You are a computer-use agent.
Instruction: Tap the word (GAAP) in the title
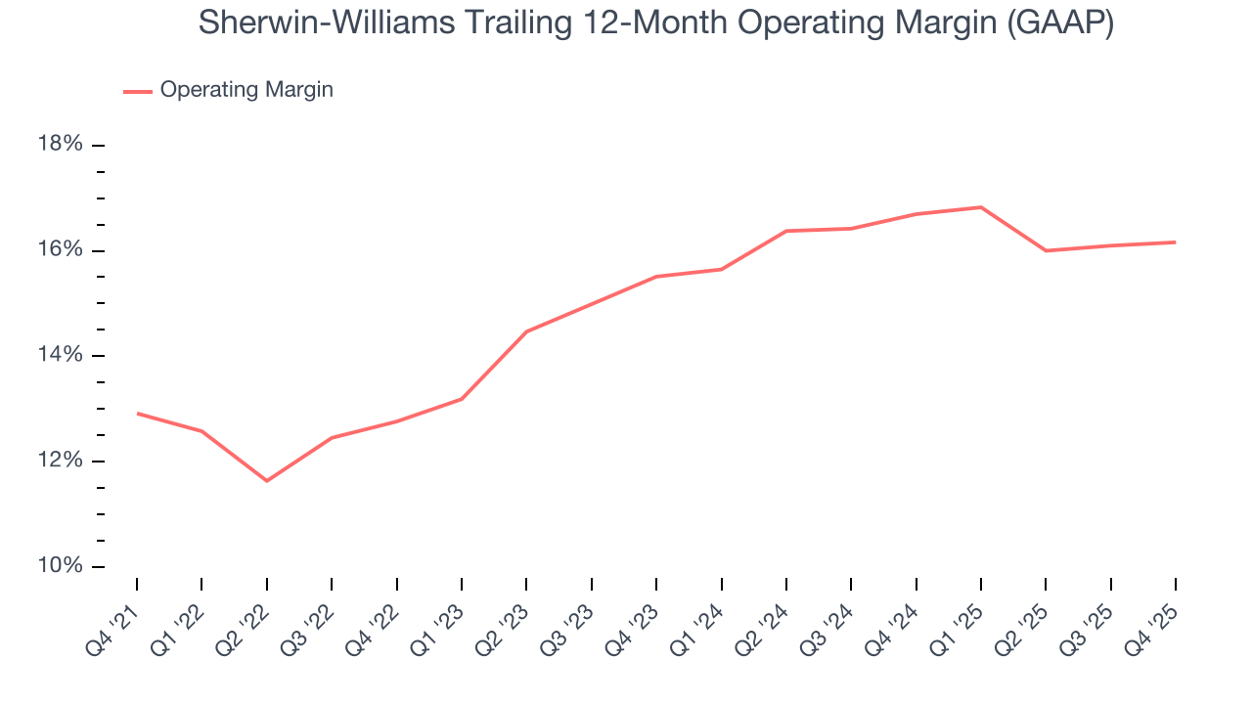point(1060,23)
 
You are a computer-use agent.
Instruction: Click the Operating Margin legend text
point(246,90)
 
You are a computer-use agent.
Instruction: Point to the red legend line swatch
point(137,91)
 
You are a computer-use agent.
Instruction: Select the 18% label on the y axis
point(60,145)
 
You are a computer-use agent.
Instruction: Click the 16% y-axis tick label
point(60,250)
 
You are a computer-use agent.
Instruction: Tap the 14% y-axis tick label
point(60,356)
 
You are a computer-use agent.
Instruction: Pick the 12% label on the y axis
point(60,462)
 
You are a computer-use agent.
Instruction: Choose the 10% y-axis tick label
point(60,567)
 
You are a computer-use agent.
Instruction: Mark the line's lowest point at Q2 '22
point(266,481)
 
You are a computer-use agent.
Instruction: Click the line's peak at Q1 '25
point(980,207)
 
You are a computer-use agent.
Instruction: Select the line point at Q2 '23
point(526,331)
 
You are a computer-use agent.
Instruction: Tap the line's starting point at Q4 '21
point(137,414)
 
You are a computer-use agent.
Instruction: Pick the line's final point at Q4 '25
point(1175,242)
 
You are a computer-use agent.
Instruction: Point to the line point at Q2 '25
point(1046,250)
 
